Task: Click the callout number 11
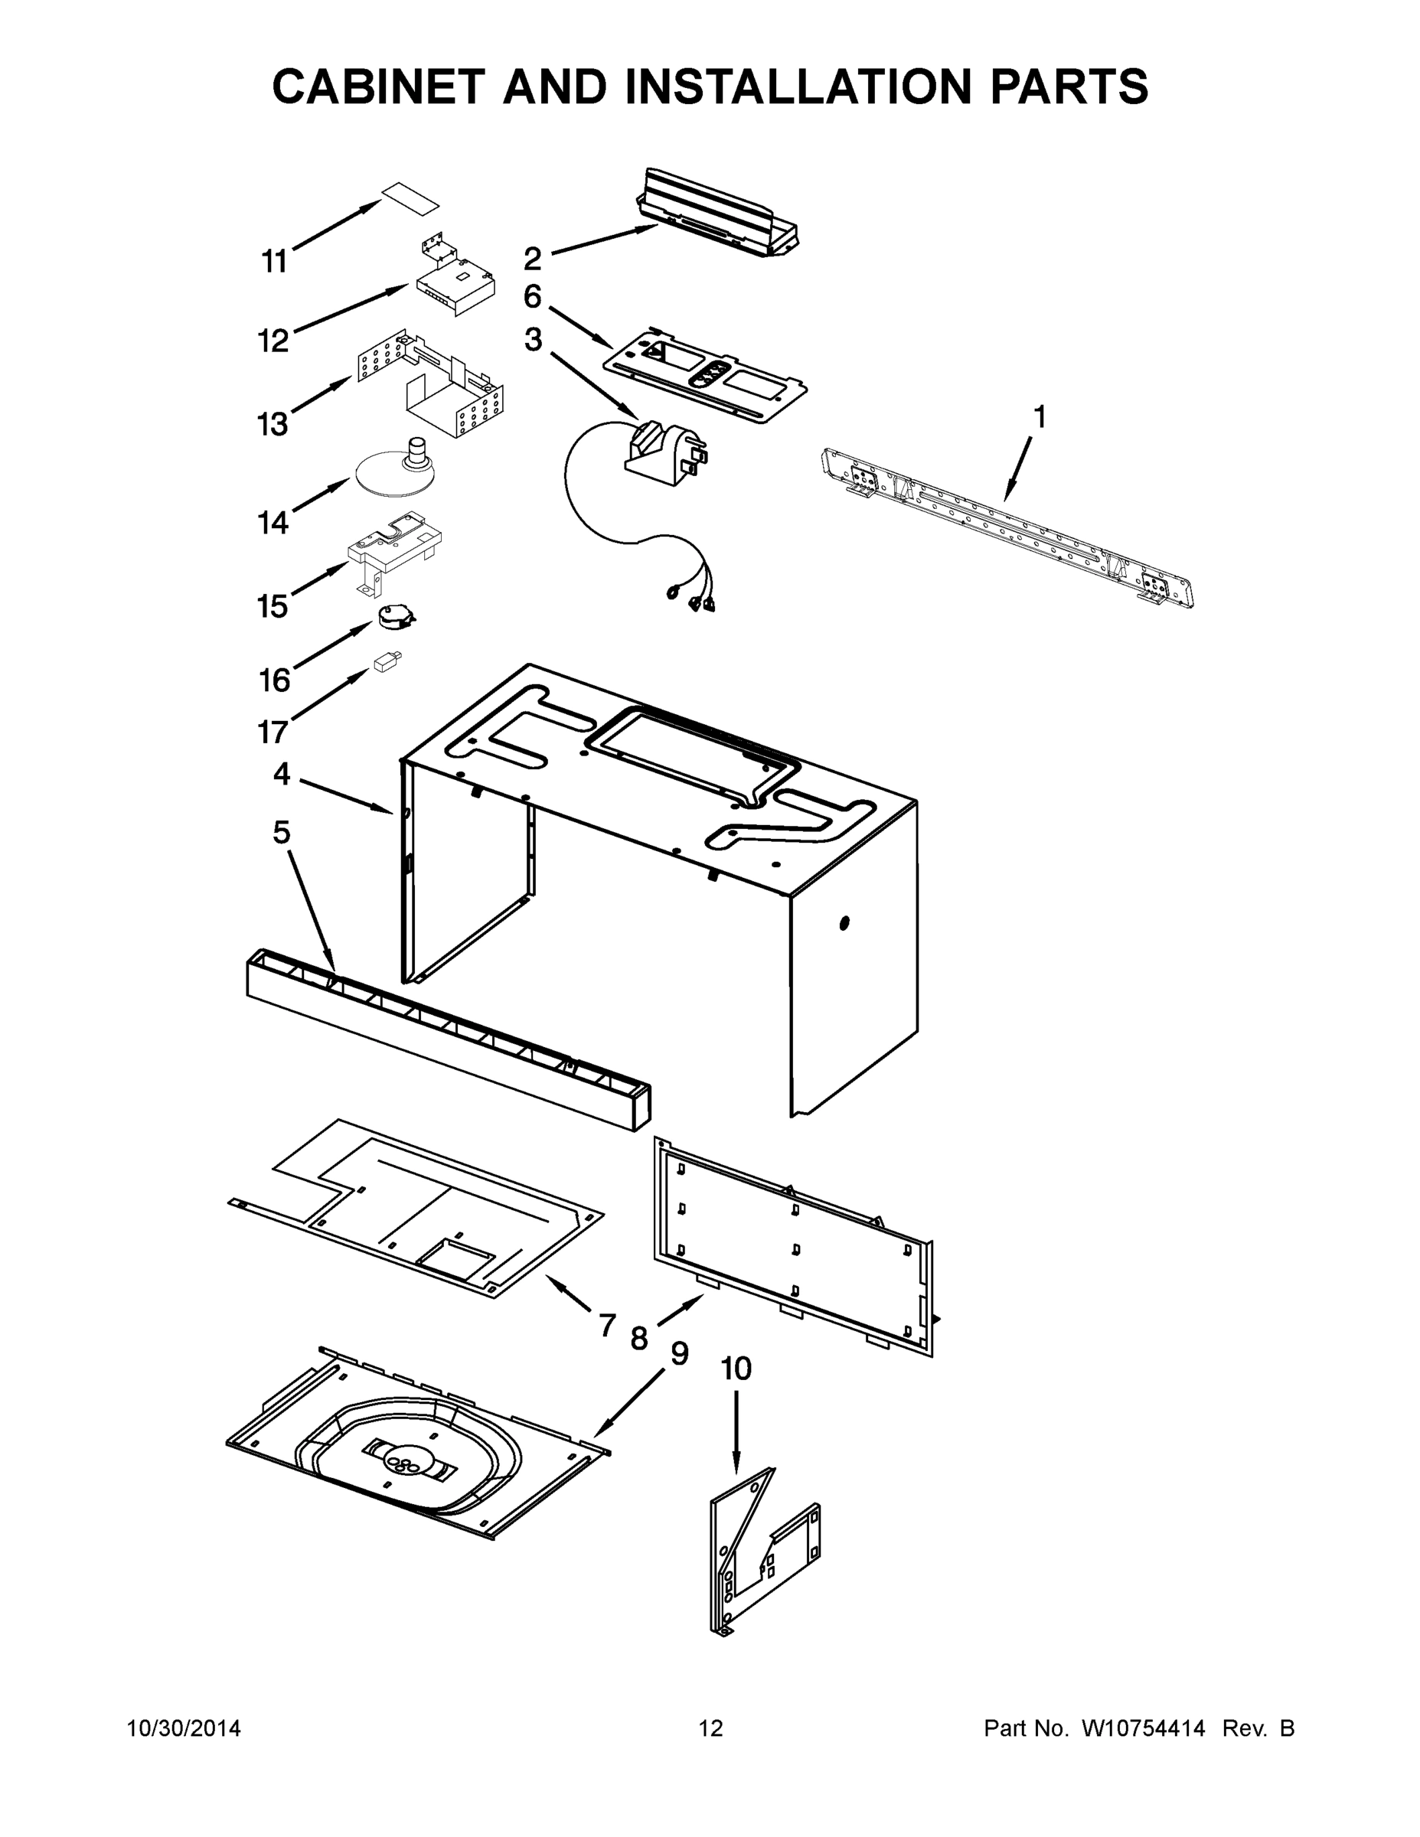[x=274, y=262]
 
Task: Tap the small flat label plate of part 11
[x=411, y=197]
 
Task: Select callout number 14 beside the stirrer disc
[x=273, y=524]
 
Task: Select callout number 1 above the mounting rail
[x=1040, y=416]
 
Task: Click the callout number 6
[x=533, y=297]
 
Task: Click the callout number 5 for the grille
[x=281, y=833]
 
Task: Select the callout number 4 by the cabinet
[x=282, y=774]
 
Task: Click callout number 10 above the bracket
[x=736, y=1369]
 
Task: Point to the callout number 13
[x=273, y=425]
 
